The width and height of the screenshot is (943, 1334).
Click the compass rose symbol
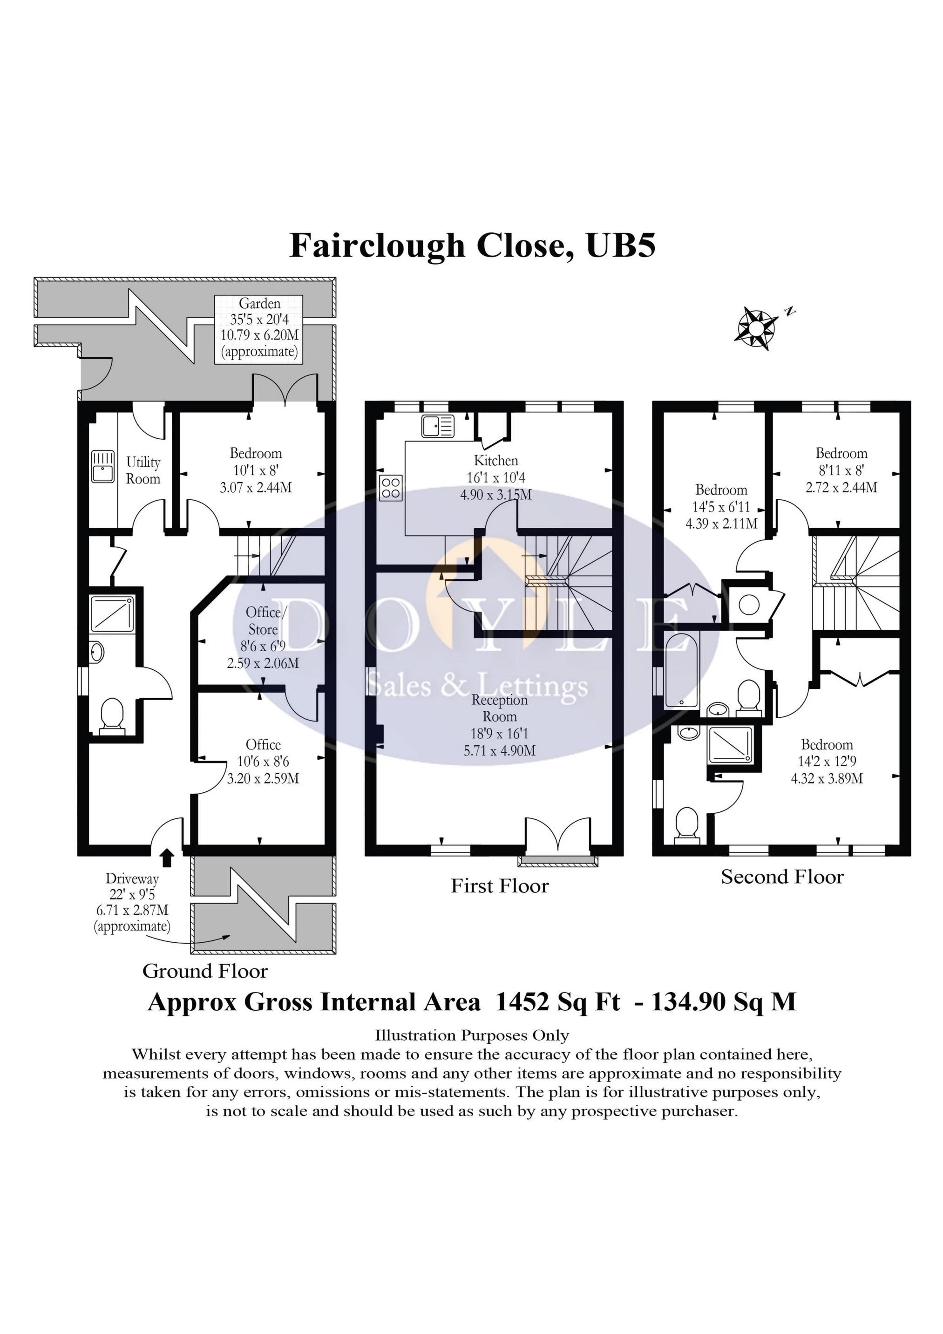point(756,329)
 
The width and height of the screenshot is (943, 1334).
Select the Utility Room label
point(143,470)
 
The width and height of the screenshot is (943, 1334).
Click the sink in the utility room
point(103,467)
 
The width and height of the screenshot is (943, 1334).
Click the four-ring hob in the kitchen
point(390,488)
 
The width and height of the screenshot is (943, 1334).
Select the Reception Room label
point(499,708)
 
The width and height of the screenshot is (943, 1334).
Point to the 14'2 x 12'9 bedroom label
point(826,761)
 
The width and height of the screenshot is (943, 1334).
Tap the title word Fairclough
point(377,246)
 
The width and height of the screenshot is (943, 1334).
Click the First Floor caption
point(499,886)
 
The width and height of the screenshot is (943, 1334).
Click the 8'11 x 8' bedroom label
point(841,470)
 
